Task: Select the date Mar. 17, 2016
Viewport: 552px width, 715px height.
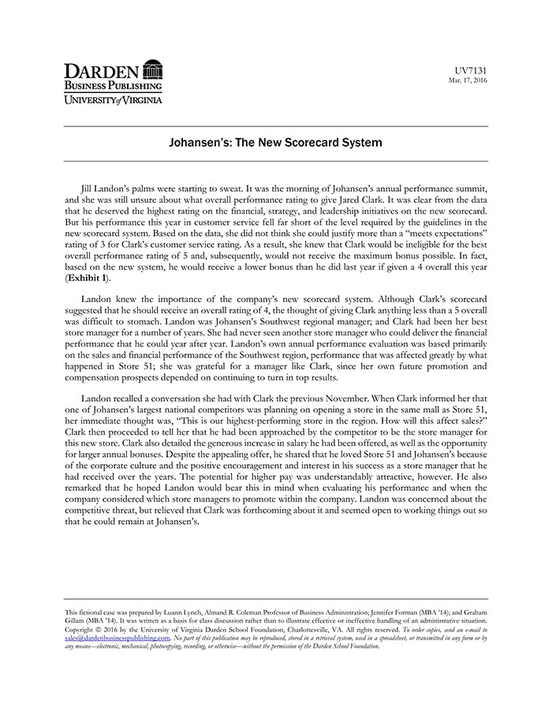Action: click(x=468, y=80)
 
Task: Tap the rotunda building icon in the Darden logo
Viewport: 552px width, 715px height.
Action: click(x=153, y=69)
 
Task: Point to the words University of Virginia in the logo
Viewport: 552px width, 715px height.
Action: click(x=114, y=99)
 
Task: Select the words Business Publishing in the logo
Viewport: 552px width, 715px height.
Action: click(x=113, y=85)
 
